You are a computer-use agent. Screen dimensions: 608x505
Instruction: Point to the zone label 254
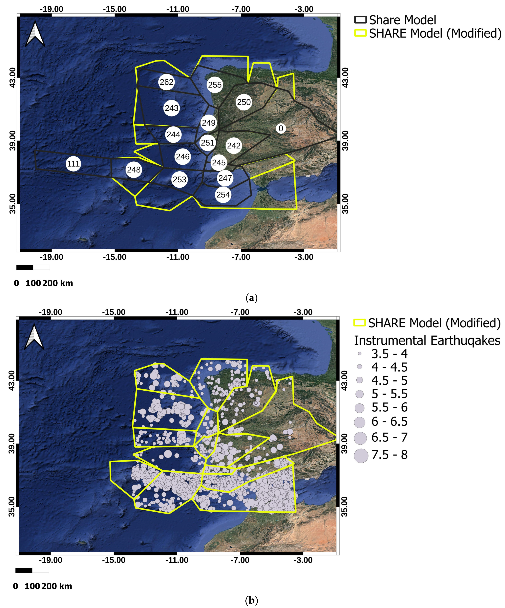223,194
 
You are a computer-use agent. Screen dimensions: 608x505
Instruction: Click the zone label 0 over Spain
281,128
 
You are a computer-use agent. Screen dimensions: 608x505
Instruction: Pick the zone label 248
134,170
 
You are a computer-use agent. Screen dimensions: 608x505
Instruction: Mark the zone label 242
234,145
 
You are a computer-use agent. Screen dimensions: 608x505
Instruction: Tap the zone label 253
179,180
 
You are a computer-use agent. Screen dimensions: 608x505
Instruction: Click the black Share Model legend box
360,20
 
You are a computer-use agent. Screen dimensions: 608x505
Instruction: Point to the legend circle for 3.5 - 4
359,354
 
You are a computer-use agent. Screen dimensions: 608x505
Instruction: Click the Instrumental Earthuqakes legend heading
427,340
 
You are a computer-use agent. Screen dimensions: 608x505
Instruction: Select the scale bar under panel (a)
33,267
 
